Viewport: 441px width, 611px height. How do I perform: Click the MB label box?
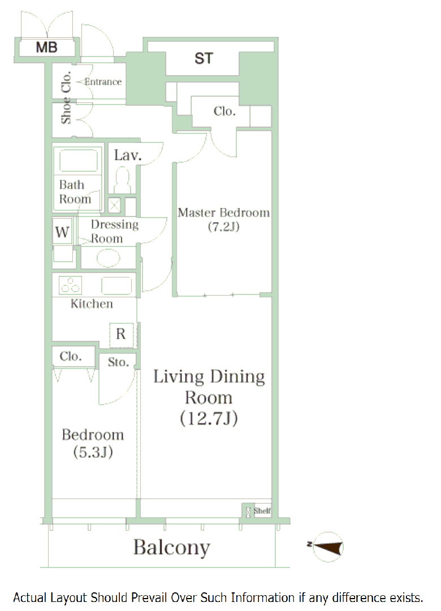click(x=47, y=47)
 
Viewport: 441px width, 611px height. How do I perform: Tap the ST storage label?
click(x=204, y=58)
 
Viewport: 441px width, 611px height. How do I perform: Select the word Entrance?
click(x=103, y=81)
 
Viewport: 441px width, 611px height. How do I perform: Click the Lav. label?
click(x=128, y=155)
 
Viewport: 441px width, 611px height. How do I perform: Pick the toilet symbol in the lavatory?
click(x=123, y=180)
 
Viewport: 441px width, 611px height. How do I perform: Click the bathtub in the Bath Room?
click(x=78, y=161)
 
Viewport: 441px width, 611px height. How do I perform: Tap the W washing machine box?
click(x=62, y=232)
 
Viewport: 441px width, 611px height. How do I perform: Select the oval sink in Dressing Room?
click(x=109, y=258)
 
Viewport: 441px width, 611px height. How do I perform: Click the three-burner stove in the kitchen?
click(x=71, y=285)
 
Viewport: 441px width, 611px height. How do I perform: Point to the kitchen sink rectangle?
click(x=116, y=285)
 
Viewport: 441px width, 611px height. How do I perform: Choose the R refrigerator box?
click(x=121, y=335)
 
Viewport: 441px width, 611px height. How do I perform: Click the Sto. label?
click(x=118, y=362)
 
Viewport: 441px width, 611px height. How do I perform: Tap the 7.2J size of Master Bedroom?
click(x=223, y=227)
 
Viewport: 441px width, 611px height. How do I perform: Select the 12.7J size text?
click(x=209, y=418)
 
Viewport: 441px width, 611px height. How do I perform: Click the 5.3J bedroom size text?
click(x=93, y=452)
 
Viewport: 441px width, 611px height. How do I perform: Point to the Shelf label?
click(x=262, y=510)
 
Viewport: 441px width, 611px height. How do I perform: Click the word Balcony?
click(x=171, y=548)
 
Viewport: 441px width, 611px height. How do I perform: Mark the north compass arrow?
click(x=327, y=547)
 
